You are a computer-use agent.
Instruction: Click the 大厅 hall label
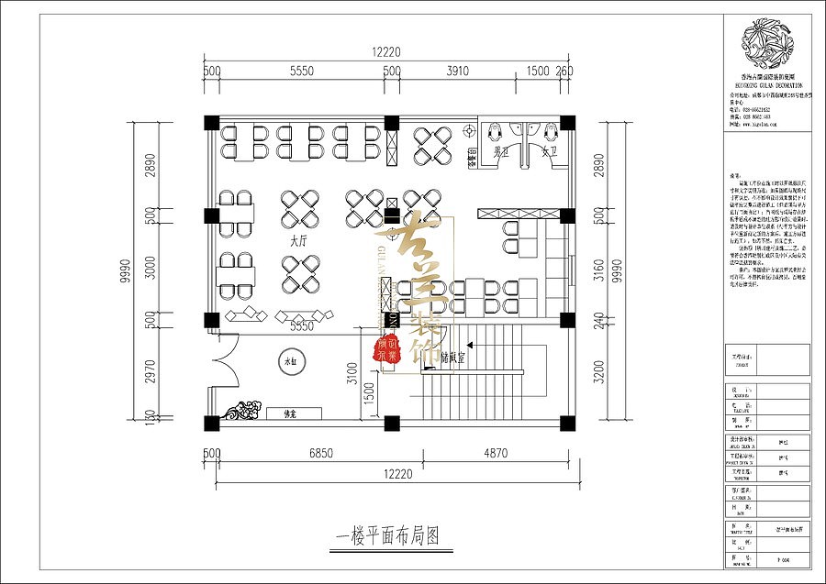click(297, 241)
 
